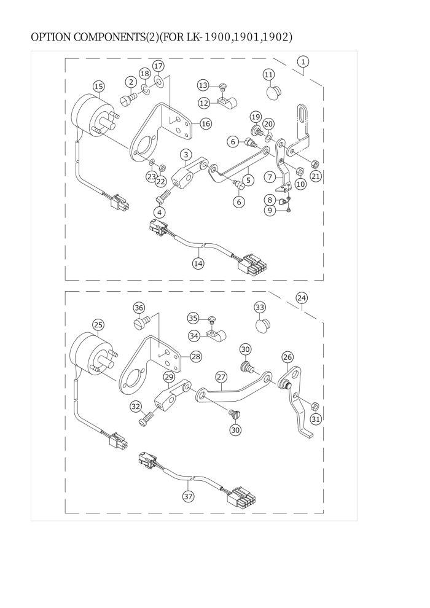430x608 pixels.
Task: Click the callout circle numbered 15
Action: [x=99, y=87]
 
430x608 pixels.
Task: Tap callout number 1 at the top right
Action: [x=303, y=61]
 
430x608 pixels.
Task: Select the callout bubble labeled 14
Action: [x=198, y=263]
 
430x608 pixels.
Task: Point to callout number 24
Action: [x=302, y=298]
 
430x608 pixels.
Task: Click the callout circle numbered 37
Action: [x=189, y=496]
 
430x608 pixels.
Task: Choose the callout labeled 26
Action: [x=287, y=357]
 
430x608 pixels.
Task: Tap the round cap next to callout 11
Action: [x=273, y=93]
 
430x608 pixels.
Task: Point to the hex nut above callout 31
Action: [x=315, y=406]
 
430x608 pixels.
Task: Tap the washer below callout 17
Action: [x=158, y=80]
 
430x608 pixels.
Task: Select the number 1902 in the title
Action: [x=276, y=37]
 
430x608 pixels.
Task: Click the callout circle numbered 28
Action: [x=196, y=356]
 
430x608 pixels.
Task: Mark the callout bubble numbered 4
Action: [x=159, y=212]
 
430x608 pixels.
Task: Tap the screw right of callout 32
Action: [x=146, y=418]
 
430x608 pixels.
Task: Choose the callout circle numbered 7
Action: [x=270, y=177]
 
